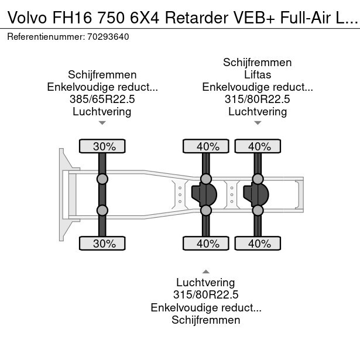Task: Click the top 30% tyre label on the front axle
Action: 102,146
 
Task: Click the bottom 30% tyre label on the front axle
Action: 102,243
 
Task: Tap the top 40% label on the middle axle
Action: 206,146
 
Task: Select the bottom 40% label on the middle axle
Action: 206,243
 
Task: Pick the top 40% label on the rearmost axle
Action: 258,146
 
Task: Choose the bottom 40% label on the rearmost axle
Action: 258,243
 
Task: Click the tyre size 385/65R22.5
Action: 102,100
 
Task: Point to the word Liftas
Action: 258,75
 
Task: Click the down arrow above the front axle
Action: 102,123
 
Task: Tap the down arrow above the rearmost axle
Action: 258,123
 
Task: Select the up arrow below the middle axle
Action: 206,271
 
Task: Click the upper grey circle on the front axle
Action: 102,179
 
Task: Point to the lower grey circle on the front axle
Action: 102,210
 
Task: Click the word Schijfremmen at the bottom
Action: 206,320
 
